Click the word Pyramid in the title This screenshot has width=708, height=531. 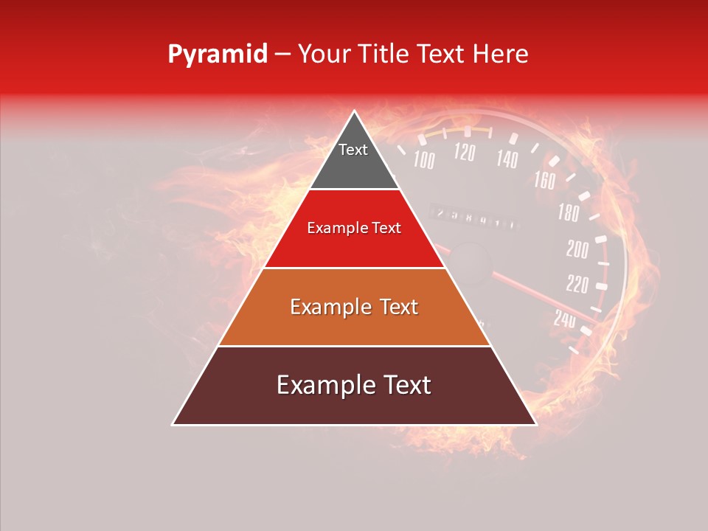[218, 55]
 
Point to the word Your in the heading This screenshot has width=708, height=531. [324, 54]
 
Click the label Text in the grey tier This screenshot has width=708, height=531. [353, 150]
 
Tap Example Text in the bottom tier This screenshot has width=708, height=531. [354, 385]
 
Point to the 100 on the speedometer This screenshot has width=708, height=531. [423, 159]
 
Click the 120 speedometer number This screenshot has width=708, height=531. [464, 153]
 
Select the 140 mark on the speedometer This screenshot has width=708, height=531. [507, 158]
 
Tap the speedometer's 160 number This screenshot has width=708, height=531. [544, 180]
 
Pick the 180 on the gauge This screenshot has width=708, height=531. [568, 213]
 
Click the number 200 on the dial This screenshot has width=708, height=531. [577, 249]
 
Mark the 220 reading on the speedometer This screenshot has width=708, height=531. [577, 283]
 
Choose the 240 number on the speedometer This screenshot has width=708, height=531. [564, 319]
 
